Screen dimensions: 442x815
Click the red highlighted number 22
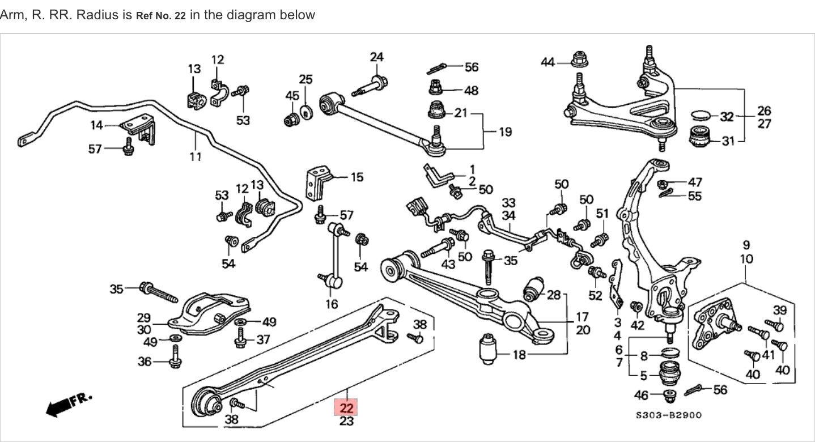[x=347, y=408]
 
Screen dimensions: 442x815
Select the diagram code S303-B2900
[x=668, y=415]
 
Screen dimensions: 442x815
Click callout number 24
[x=377, y=57]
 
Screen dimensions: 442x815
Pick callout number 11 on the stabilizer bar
[x=196, y=156]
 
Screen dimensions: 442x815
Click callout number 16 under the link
[x=332, y=304]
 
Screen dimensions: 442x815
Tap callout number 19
[x=505, y=132]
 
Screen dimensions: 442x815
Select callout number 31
[x=727, y=140]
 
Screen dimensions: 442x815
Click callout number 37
[x=264, y=339]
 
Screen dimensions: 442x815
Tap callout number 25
[x=306, y=79]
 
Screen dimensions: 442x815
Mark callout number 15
[x=356, y=177]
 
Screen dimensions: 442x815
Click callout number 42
[x=638, y=325]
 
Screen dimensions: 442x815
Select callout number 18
[x=519, y=355]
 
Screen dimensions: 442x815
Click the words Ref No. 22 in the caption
[x=161, y=16]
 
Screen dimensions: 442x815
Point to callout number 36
[x=145, y=361]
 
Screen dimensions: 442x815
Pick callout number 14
[x=97, y=125]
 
